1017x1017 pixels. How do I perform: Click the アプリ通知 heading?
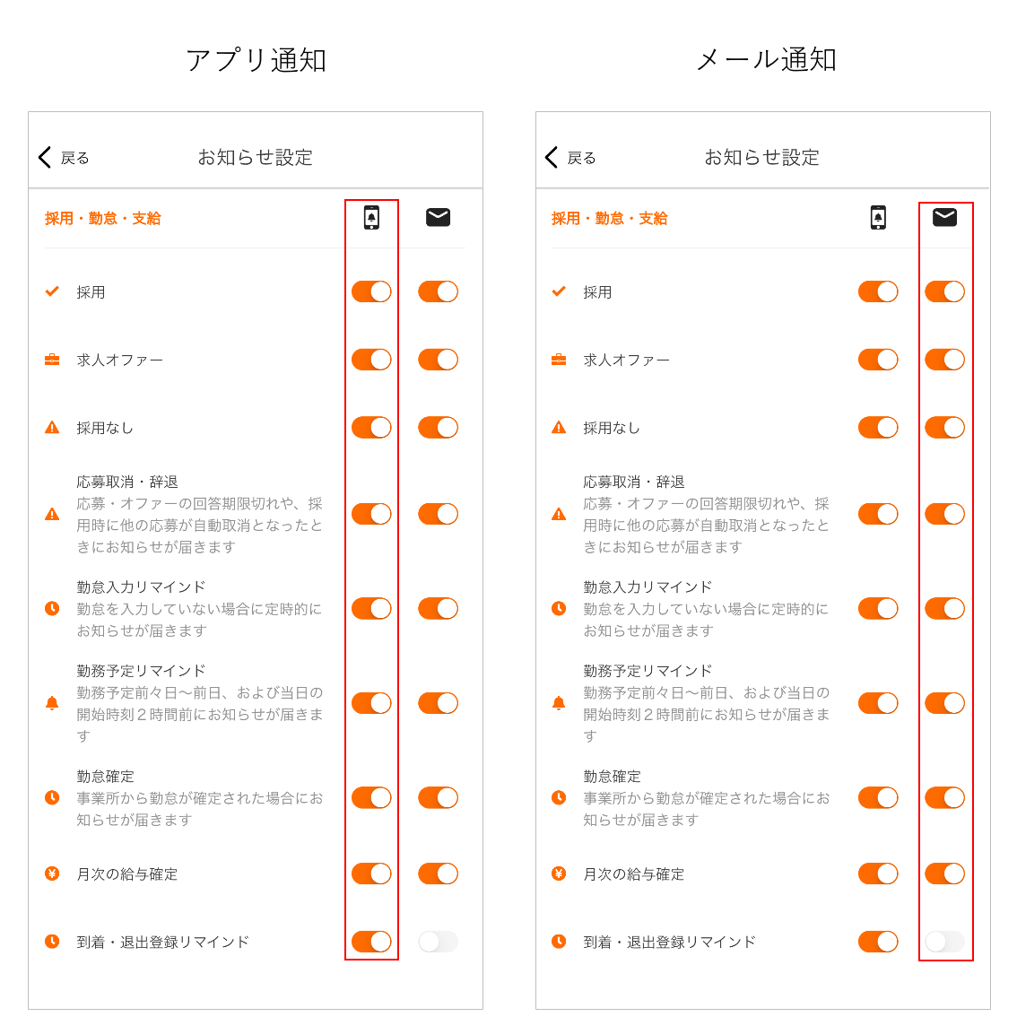[256, 60]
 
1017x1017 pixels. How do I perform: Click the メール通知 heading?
[766, 60]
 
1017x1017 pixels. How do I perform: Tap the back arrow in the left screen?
[45, 157]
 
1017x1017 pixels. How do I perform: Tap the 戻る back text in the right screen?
[581, 158]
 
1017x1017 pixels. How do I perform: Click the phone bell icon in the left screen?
[371, 217]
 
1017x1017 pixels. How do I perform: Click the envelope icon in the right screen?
[945, 217]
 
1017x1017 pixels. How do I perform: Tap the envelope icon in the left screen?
[439, 217]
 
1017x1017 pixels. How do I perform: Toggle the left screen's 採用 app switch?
[371, 291]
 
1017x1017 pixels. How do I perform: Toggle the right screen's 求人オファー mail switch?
[945, 360]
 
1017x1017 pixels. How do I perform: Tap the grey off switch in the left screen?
[439, 942]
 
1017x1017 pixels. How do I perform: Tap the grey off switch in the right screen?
[945, 942]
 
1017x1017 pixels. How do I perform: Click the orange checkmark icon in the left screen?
[52, 291]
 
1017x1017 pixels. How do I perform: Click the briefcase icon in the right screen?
[559, 360]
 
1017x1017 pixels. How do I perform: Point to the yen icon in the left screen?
[52, 874]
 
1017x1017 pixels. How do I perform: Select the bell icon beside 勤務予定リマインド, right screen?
[559, 703]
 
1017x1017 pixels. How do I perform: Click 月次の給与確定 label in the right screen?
[634, 874]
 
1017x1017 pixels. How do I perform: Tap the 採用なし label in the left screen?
[104, 428]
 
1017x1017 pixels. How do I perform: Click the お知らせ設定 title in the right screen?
[762, 158]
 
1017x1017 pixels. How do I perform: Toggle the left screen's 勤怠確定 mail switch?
[439, 798]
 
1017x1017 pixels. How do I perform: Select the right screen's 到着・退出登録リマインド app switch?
[878, 942]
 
